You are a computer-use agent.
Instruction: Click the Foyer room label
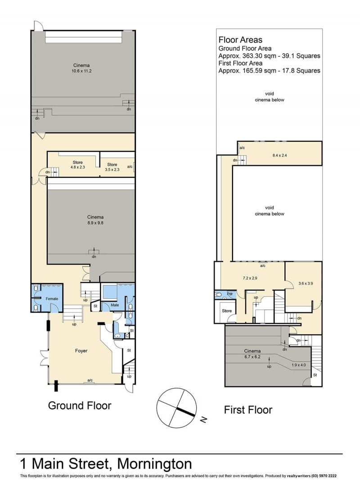click(x=81, y=351)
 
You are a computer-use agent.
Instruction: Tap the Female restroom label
click(x=52, y=299)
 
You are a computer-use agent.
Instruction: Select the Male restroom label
click(x=115, y=305)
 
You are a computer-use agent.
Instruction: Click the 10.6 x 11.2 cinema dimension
click(x=81, y=71)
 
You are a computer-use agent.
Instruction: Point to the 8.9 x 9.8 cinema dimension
click(x=95, y=223)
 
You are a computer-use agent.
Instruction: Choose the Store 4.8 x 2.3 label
click(x=78, y=165)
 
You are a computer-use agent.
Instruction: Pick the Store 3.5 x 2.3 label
click(x=112, y=167)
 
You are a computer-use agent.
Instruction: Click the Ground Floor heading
click(x=80, y=406)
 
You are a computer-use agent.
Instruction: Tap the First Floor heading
click(x=248, y=410)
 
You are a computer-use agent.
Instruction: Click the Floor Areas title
click(x=240, y=40)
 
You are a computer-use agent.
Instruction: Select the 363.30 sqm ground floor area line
click(x=269, y=56)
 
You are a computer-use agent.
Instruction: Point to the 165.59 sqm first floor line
click(x=269, y=71)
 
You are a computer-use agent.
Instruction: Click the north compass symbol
click(x=176, y=408)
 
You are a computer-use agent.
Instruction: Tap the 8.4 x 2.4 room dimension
click(x=279, y=155)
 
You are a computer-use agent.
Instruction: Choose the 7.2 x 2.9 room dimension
click(x=250, y=278)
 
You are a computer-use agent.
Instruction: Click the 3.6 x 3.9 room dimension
click(x=306, y=284)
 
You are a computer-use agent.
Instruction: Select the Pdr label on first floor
click(x=229, y=294)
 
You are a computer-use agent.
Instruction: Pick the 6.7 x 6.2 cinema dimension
click(x=252, y=357)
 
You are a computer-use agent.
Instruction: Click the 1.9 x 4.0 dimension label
click(x=298, y=365)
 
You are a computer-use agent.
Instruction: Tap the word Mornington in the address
click(x=155, y=464)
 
